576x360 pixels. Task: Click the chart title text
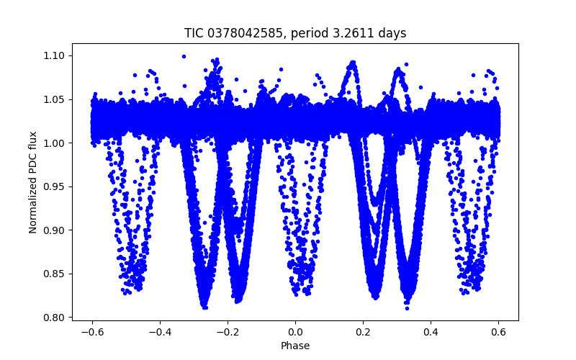pyautogui.click(x=295, y=33)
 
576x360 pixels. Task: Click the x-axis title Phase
pyautogui.click(x=295, y=346)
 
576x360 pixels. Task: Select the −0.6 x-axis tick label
pyautogui.click(x=92, y=332)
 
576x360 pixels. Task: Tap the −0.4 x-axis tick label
pyautogui.click(x=160, y=332)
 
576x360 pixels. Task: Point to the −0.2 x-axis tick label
pyautogui.click(x=228, y=332)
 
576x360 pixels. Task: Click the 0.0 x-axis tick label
pyautogui.click(x=295, y=332)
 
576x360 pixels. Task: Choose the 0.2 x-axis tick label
pyautogui.click(x=363, y=332)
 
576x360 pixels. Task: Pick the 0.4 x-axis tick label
pyautogui.click(x=431, y=332)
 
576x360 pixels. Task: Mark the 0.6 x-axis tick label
pyautogui.click(x=498, y=332)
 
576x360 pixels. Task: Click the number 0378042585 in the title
pyautogui.click(x=240, y=33)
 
